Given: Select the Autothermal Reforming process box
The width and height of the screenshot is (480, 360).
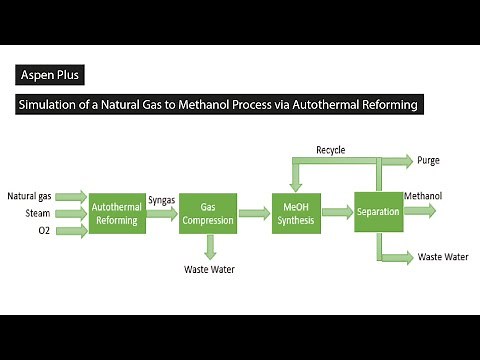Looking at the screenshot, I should pyautogui.click(x=117, y=212).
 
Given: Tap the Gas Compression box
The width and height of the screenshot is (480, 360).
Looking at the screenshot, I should pyautogui.click(x=207, y=212).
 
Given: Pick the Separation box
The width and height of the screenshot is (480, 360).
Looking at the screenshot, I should pyautogui.click(x=377, y=212).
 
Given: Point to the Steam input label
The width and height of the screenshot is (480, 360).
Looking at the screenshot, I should pyautogui.click(x=38, y=213).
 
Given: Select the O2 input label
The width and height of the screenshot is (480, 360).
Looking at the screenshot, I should pyautogui.click(x=44, y=231).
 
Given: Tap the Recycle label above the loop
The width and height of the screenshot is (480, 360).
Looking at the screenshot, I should pyautogui.click(x=330, y=150).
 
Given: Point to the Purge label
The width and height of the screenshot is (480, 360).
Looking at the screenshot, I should pyautogui.click(x=428, y=160).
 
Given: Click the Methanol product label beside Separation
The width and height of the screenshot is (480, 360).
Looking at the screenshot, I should pyautogui.click(x=424, y=196).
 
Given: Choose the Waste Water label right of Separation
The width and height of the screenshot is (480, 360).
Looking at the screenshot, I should pyautogui.click(x=442, y=257).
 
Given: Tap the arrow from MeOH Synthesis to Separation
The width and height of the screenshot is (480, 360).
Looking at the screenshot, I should pyautogui.click(x=336, y=213).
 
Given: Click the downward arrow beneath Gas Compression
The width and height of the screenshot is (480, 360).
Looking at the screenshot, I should pyautogui.click(x=208, y=246).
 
